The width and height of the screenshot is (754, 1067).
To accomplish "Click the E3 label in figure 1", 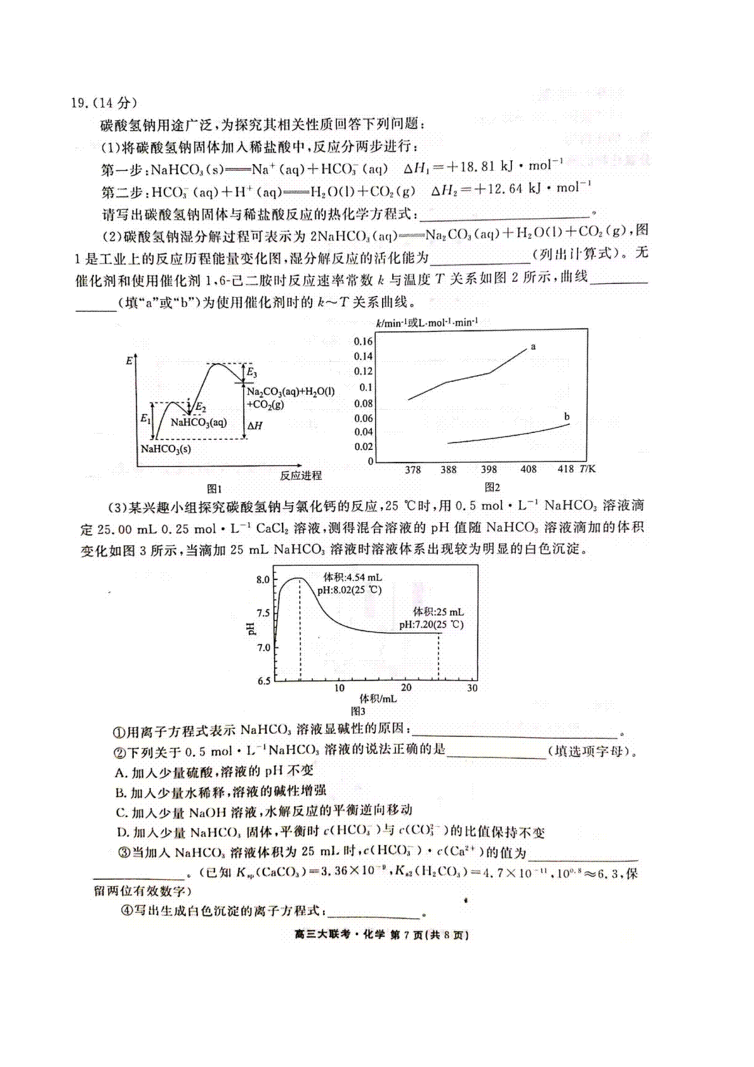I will click(x=251, y=373).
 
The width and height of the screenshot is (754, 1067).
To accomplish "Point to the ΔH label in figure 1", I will click(x=254, y=425).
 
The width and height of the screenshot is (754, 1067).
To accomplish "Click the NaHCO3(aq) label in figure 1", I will click(x=199, y=422).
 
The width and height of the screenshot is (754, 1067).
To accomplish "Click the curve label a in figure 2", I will click(x=533, y=346).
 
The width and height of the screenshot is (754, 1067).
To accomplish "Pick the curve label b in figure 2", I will click(x=567, y=417).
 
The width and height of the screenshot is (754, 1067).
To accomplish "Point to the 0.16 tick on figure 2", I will click(x=363, y=341).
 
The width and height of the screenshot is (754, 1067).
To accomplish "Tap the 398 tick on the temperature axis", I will click(x=489, y=469).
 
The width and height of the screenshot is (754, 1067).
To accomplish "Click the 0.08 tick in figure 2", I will click(x=363, y=403).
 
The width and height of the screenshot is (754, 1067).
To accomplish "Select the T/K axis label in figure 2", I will click(x=587, y=469).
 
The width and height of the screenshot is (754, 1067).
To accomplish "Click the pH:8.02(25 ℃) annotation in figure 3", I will click(x=349, y=590).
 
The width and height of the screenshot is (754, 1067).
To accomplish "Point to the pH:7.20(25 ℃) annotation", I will click(x=432, y=625).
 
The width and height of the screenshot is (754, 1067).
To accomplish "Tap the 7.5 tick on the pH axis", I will click(x=263, y=613).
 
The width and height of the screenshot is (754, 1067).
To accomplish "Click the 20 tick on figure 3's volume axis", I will click(x=407, y=687).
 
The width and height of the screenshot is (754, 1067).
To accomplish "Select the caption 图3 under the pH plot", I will click(x=358, y=711).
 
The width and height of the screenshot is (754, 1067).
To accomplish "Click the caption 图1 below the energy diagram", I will click(x=214, y=488).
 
